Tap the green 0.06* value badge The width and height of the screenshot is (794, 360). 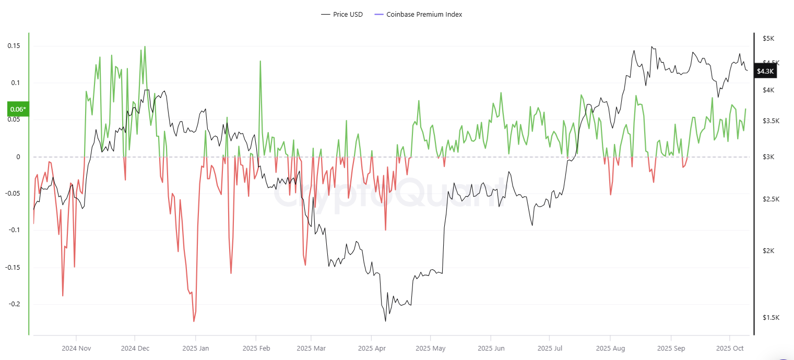[17, 109]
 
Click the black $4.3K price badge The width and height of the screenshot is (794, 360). [765, 71]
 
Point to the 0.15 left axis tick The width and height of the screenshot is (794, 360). [14, 46]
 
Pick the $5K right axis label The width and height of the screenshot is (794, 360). [768, 39]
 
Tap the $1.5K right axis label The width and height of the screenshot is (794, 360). [771, 318]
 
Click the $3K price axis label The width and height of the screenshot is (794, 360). [768, 157]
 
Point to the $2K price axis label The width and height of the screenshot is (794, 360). [768, 251]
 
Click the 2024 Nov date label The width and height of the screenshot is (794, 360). [76, 348]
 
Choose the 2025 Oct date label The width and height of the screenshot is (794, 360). [729, 348]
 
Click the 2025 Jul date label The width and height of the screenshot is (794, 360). [551, 348]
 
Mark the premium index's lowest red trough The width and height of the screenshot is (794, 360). [194, 321]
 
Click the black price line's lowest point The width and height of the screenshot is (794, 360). [386, 321]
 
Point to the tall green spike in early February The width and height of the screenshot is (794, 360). [260, 61]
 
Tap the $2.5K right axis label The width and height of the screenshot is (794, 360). [771, 199]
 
